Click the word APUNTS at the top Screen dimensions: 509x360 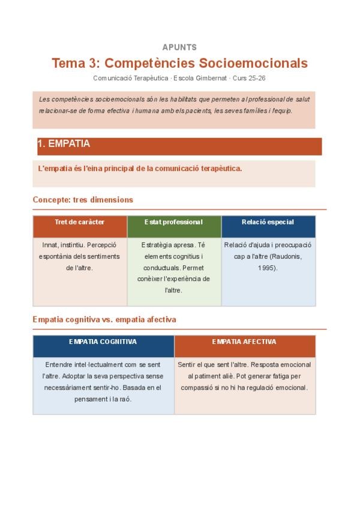179,47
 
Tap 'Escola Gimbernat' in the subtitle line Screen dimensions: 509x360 197,78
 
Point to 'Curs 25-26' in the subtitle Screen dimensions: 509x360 248,78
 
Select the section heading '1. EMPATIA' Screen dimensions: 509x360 64,144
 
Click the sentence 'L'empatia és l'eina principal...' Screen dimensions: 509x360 140,169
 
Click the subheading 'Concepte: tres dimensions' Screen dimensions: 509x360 83,200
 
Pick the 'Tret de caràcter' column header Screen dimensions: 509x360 80,222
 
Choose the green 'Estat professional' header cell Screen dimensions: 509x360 174,222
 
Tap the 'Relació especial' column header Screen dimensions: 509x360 268,222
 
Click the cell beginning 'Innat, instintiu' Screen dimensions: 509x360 80,256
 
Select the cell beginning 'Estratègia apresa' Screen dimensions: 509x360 174,268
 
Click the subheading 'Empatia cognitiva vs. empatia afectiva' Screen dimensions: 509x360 104,320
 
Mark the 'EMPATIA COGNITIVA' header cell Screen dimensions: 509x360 103,342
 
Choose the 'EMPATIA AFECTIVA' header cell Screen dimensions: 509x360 244,342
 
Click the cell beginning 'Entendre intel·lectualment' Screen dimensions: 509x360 103,382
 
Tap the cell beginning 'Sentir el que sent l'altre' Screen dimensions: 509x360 244,376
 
